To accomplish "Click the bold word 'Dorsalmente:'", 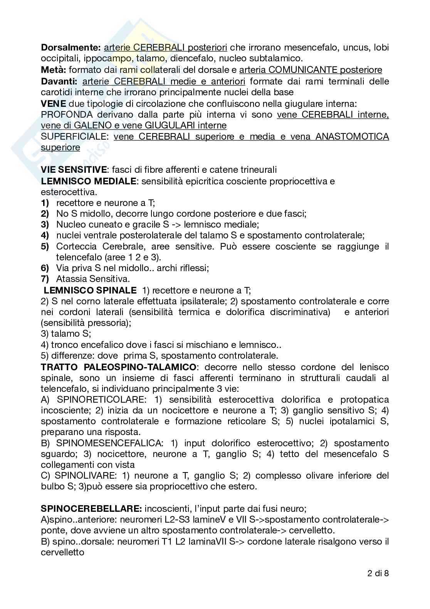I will [71, 48].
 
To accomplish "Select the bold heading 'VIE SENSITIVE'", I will [74, 170].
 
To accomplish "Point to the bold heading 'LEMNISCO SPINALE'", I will [90, 290].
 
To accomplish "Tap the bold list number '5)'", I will [45, 246].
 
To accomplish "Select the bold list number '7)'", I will [45, 278].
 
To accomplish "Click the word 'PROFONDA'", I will [67, 115].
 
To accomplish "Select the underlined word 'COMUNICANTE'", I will [304, 70].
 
